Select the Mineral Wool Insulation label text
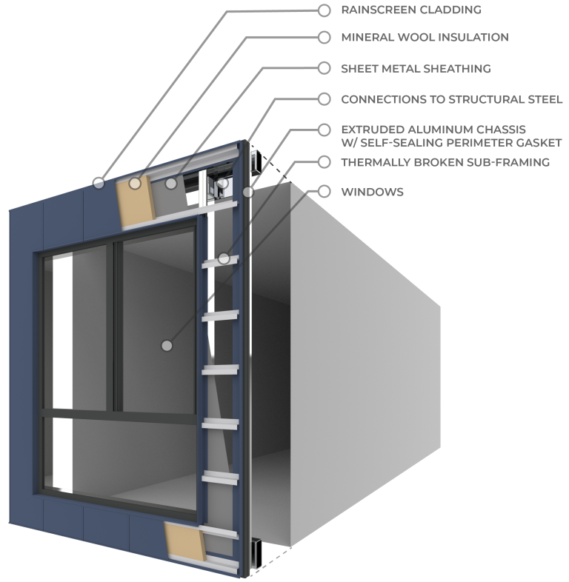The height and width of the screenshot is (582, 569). (424, 37)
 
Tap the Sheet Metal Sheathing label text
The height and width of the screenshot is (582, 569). (415, 68)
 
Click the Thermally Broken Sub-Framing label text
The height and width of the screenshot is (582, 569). (445, 161)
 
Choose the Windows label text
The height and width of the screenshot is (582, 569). (372, 192)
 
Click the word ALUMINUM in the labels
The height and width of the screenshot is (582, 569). (433, 130)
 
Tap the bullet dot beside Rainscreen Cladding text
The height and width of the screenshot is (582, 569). (324, 10)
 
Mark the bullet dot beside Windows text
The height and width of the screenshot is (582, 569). (324, 192)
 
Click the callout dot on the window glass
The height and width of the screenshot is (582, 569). (167, 345)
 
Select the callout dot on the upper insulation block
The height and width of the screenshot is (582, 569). (134, 183)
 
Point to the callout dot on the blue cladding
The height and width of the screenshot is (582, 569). (99, 181)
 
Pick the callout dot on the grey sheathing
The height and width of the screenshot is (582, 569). (171, 183)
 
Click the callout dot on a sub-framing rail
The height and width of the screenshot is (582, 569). (224, 258)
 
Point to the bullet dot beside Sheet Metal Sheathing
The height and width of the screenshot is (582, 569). (324, 68)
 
